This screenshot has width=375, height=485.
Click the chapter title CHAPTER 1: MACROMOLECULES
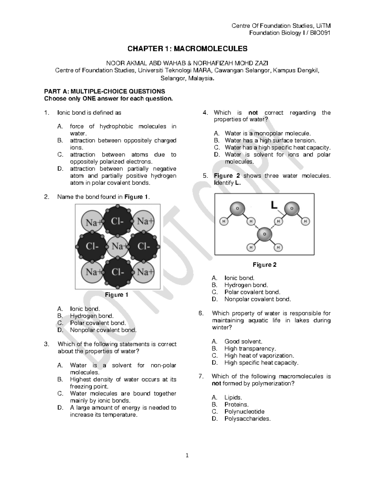tap(187, 49)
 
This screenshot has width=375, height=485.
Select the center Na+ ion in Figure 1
tap(117, 246)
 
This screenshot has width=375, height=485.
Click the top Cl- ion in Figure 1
tap(117, 221)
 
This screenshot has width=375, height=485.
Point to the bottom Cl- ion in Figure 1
tap(117, 272)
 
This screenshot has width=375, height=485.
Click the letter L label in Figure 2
tap(274, 205)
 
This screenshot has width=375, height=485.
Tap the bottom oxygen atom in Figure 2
tap(264, 234)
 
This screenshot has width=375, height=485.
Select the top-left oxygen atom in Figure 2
tap(237, 208)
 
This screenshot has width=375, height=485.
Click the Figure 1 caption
tap(117, 295)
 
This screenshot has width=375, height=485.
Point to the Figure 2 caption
tap(264, 265)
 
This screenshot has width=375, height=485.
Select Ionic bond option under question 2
tap(85, 309)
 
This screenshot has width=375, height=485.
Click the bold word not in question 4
tap(253, 113)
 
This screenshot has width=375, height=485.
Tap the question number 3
tap(46, 344)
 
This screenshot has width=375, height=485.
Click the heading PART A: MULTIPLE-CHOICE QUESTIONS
tap(104, 92)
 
